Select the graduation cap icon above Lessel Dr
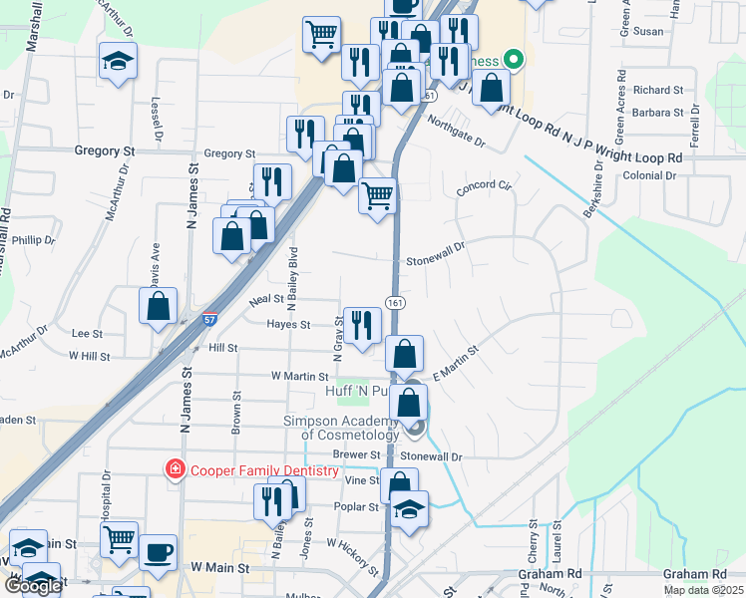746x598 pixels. coord(118,61)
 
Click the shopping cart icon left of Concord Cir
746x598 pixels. coord(378,195)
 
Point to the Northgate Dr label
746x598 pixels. coord(456,133)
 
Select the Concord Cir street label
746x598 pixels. coord(483,186)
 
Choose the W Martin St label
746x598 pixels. coord(300,377)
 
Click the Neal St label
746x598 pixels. coord(266,299)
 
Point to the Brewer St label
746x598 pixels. coord(350,453)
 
